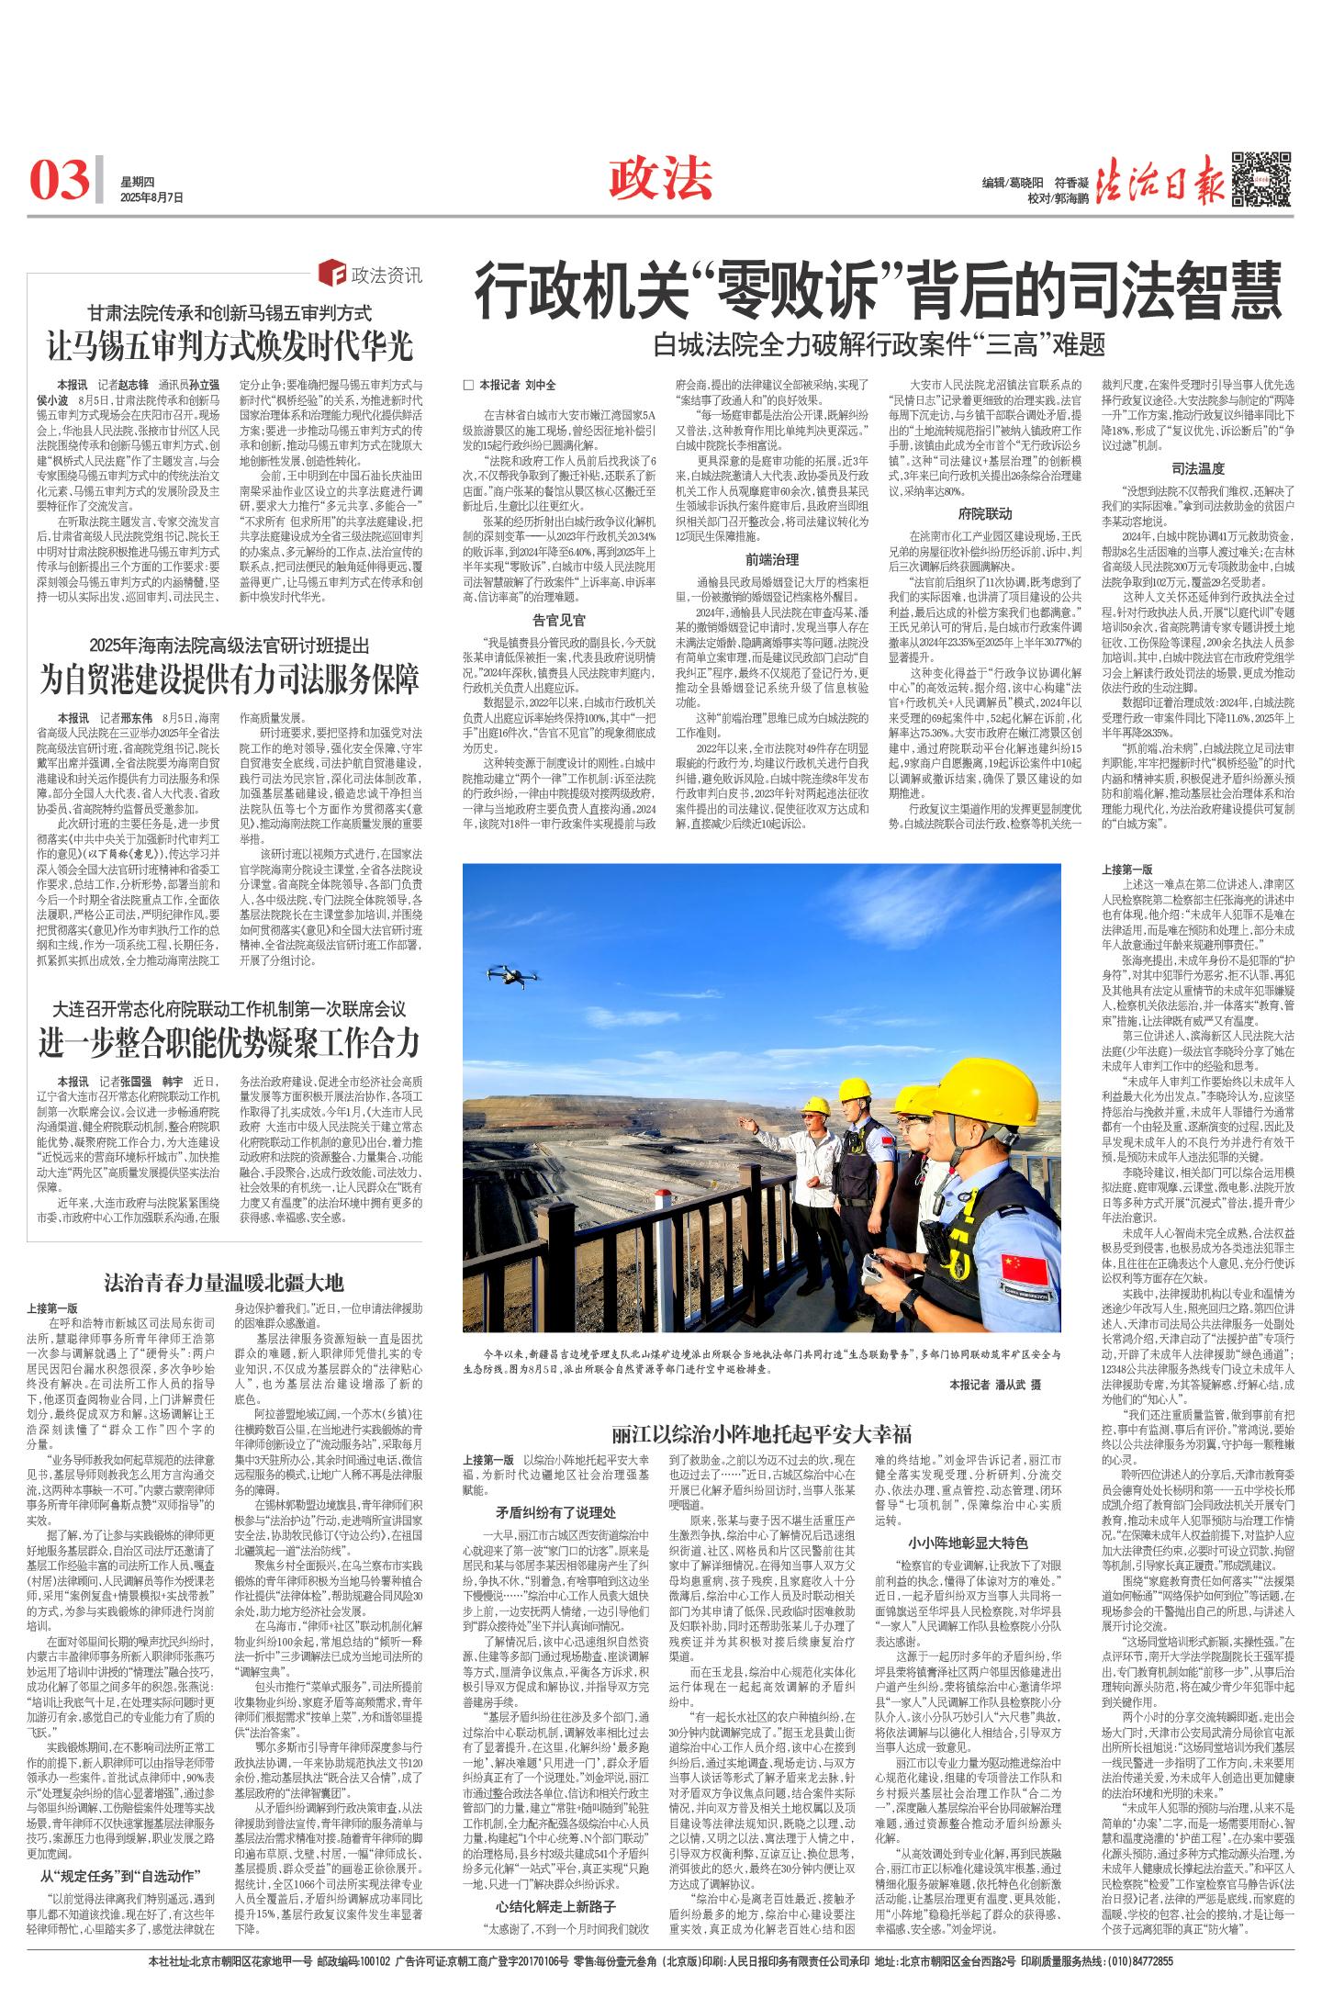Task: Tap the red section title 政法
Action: point(660,176)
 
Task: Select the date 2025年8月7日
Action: point(152,197)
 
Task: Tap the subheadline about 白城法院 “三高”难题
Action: point(879,345)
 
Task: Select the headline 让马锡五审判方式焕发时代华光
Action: point(230,347)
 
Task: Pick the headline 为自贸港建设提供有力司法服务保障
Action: point(230,678)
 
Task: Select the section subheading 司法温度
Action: point(1198,468)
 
